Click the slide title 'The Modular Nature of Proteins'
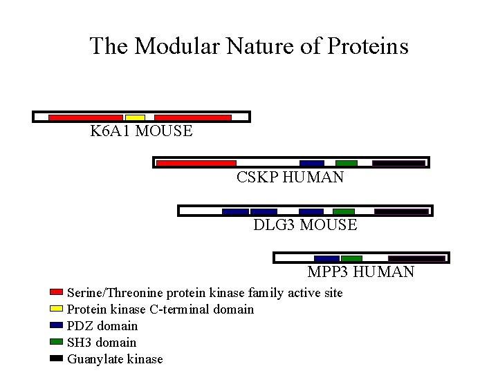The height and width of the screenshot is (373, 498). [x=249, y=46]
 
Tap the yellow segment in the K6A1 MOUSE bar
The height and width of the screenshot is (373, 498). [x=135, y=117]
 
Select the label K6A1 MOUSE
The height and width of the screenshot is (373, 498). [x=141, y=131]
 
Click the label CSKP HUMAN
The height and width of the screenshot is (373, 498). [x=290, y=178]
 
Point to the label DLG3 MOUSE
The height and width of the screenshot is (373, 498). [x=305, y=225]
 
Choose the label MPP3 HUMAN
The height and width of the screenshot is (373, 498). [x=360, y=272]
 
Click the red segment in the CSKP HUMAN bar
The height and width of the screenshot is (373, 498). [x=196, y=164]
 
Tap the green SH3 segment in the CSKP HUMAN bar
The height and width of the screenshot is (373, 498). [x=347, y=164]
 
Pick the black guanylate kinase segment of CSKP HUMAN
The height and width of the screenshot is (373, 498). [x=398, y=164]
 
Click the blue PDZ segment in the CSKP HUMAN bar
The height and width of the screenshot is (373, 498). [x=312, y=164]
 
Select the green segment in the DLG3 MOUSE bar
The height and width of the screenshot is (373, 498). [x=344, y=211]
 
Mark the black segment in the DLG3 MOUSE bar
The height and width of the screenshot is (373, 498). [x=401, y=211]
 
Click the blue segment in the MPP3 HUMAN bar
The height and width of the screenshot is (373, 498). [x=326, y=258]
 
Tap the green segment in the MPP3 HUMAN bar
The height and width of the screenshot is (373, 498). [x=351, y=258]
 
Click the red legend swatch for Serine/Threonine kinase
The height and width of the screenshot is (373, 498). [x=57, y=293]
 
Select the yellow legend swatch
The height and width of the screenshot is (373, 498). [x=57, y=309]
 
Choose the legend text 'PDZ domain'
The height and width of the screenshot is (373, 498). [x=102, y=326]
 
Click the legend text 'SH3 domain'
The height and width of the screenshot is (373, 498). [x=102, y=343]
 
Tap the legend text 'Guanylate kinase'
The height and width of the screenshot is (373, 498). [x=115, y=359]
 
